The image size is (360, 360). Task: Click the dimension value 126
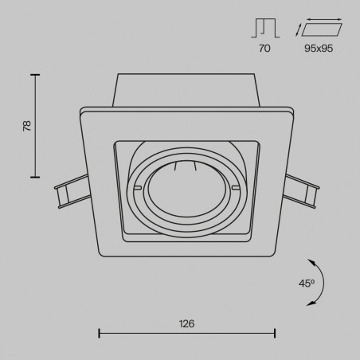186,323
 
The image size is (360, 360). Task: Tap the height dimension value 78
27,126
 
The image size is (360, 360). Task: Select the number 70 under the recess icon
264,49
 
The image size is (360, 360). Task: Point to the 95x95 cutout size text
319,49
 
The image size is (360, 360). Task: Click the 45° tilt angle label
307,284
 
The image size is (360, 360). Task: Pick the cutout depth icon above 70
265,28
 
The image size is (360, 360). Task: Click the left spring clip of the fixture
72,191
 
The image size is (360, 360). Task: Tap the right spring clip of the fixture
301,191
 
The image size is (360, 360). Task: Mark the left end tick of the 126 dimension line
99,333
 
